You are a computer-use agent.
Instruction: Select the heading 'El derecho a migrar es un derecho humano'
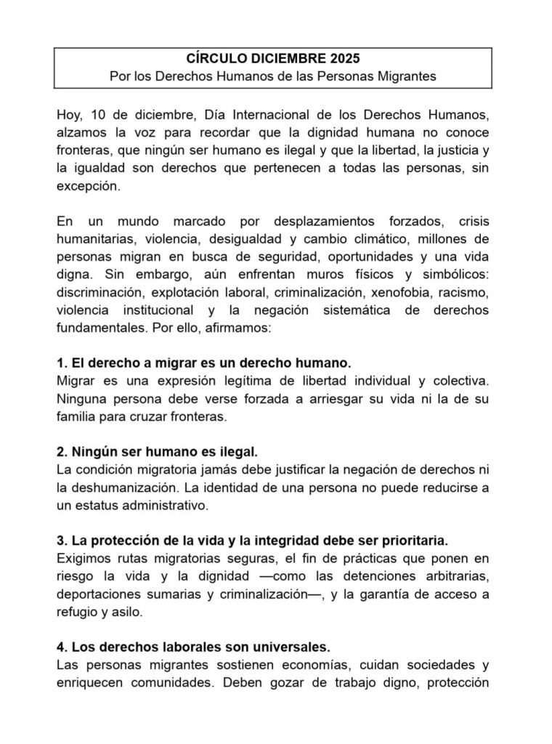(x=204, y=362)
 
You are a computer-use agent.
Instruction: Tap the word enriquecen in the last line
(x=89, y=682)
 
